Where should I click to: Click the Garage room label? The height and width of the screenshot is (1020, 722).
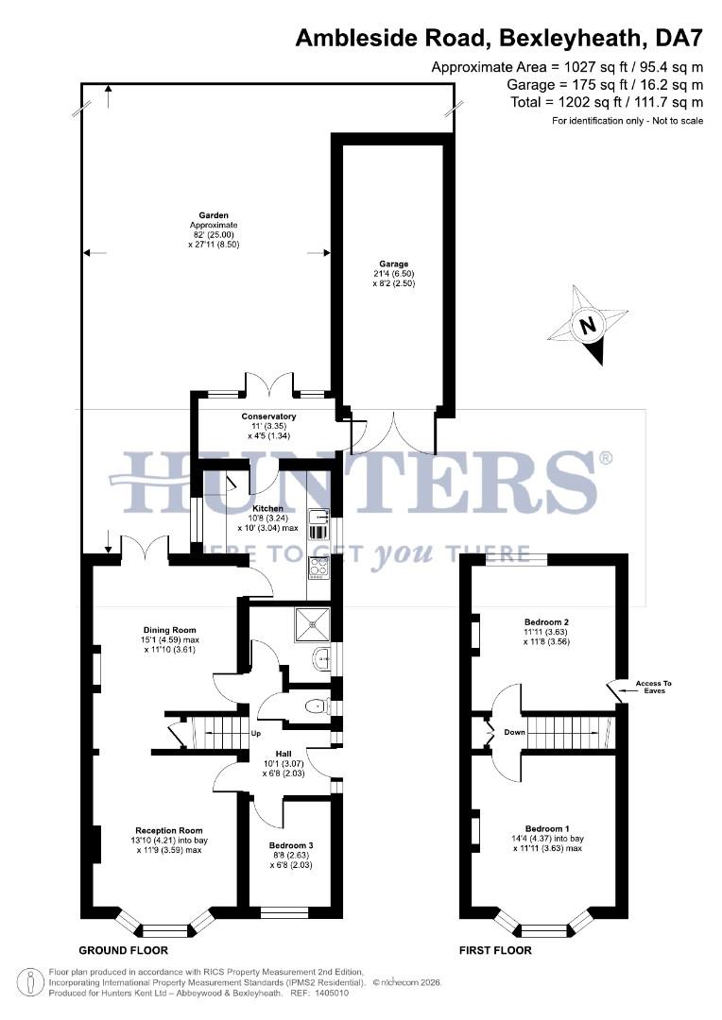click(x=393, y=264)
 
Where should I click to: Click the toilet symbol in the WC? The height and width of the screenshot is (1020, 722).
click(x=317, y=705)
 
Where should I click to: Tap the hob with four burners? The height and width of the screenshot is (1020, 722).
click(x=318, y=567)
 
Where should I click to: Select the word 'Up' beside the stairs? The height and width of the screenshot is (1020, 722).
click(x=255, y=734)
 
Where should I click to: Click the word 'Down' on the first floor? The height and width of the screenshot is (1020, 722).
click(x=514, y=732)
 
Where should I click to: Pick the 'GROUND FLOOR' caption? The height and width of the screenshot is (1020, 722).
click(x=123, y=950)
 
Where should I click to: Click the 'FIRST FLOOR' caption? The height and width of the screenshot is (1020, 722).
click(x=495, y=950)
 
